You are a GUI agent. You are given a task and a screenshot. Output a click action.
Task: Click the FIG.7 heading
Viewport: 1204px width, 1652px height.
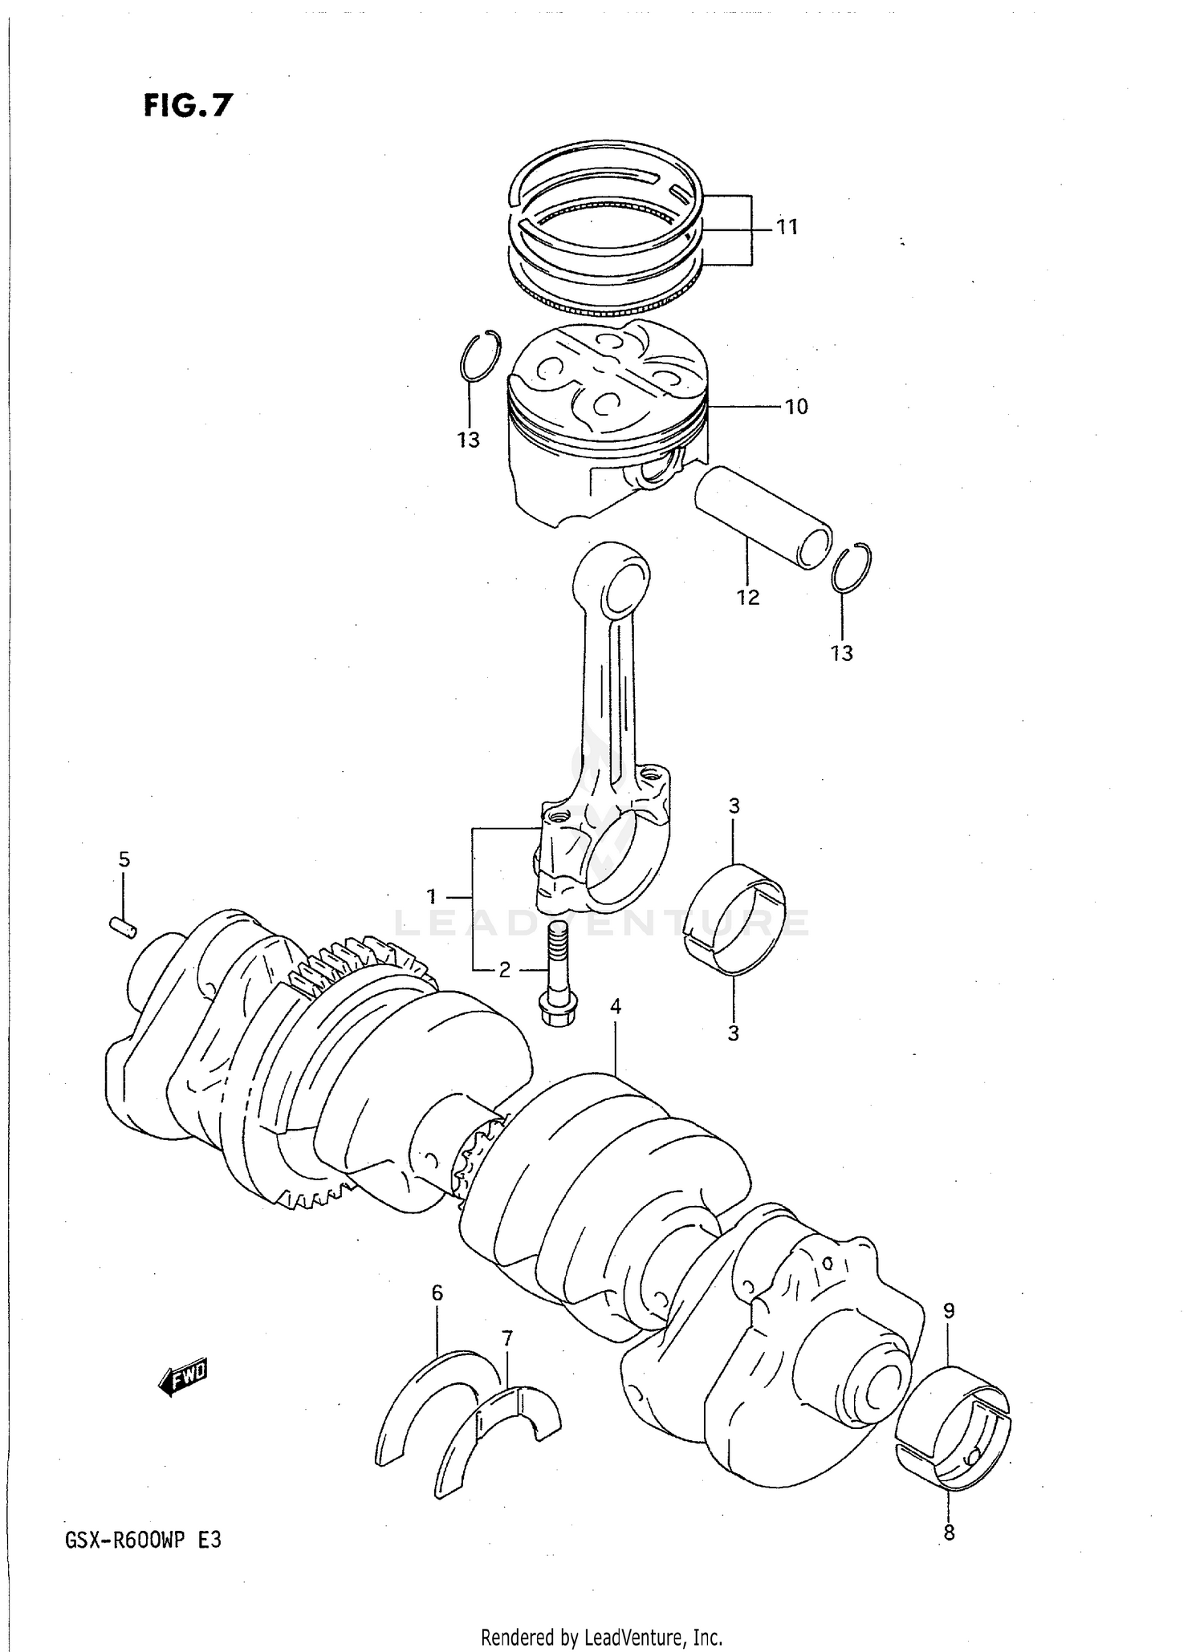tap(188, 105)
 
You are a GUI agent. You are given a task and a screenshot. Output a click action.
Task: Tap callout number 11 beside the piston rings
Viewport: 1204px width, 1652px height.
tap(787, 227)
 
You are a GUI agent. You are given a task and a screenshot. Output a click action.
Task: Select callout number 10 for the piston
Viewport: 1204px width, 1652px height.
tap(795, 407)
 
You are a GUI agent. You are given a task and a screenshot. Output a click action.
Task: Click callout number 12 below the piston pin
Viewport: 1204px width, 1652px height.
tap(747, 597)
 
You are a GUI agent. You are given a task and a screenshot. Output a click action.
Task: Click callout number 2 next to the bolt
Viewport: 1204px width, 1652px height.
tap(504, 970)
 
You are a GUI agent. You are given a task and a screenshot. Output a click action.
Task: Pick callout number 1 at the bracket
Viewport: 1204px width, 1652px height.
tap(431, 895)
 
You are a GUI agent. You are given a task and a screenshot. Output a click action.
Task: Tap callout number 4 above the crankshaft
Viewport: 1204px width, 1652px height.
tap(615, 1005)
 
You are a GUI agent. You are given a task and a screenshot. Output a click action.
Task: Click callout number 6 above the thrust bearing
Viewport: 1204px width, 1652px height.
tap(437, 1293)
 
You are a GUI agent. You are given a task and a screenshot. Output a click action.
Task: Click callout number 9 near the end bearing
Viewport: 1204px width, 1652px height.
tap(949, 1311)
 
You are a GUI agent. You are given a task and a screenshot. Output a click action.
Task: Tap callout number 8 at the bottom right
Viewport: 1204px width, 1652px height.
tap(949, 1533)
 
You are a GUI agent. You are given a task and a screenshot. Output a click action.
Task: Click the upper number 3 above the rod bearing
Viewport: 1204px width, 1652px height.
tap(734, 806)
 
